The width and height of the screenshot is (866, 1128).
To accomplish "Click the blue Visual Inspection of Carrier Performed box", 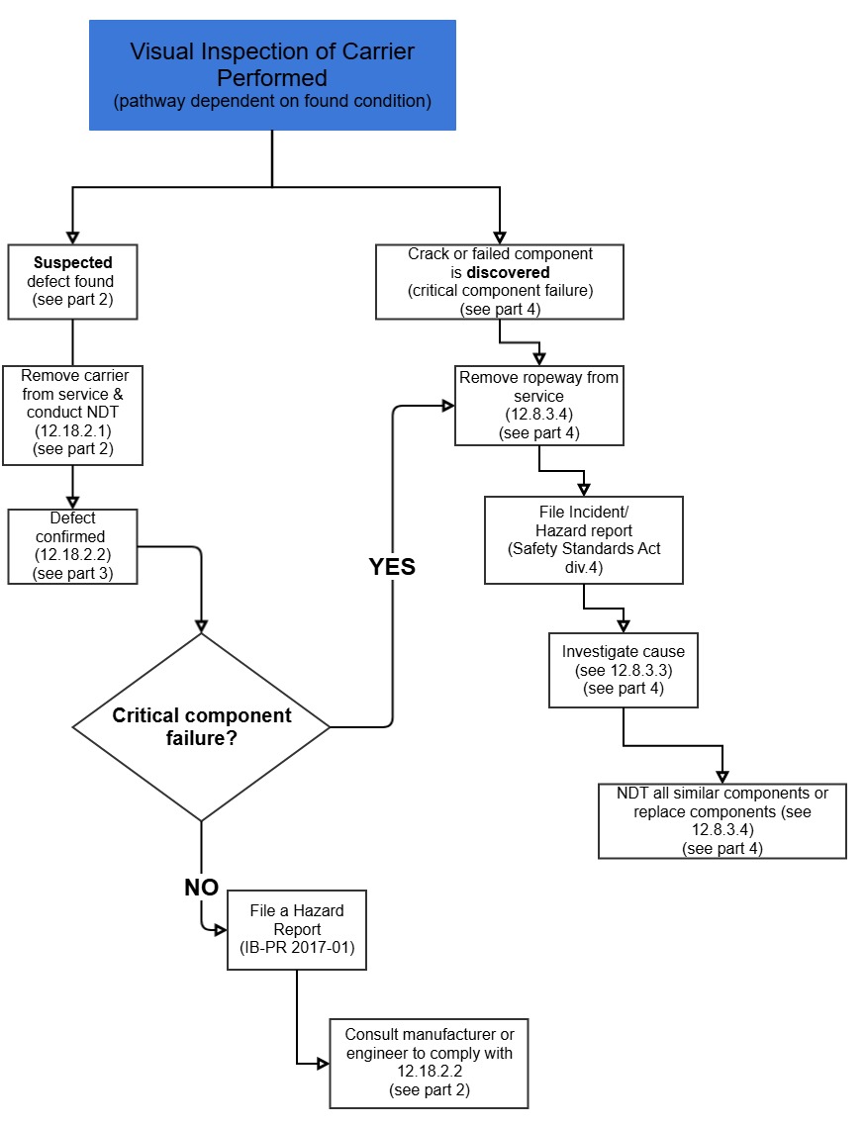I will pos(272,75).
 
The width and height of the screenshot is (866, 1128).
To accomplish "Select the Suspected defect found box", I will pos(73,281).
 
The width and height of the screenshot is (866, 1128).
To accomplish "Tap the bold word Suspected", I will pos(73,263).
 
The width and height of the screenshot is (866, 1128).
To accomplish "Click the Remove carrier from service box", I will pos(73,415).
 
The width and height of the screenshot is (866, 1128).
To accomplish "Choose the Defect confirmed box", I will pos(73,545).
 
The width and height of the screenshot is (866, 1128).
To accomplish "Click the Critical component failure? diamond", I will pos(202,727).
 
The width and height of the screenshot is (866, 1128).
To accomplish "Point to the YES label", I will pos(392,567).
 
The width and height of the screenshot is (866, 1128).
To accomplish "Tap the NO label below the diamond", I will pos(201,887).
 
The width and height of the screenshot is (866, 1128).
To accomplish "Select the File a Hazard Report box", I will pos(297,930).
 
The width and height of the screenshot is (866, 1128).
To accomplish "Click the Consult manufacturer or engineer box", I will pos(429,1063).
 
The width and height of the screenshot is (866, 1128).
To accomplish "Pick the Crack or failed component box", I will pos(500,282).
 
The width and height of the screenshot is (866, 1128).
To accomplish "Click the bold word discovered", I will pos(508,272).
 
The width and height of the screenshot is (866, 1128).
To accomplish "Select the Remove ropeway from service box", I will pos(539,406).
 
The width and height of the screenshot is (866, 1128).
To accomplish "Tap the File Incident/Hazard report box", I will pos(584,540).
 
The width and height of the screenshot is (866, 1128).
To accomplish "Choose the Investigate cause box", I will pos(624,670).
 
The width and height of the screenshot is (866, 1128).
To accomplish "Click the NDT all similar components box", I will pos(722,820).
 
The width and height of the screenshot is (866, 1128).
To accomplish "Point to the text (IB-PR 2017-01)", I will pos(297,947).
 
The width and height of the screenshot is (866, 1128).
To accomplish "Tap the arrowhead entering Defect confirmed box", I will pos(73,502).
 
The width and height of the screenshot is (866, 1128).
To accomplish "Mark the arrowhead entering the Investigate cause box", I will pos(624,625).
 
